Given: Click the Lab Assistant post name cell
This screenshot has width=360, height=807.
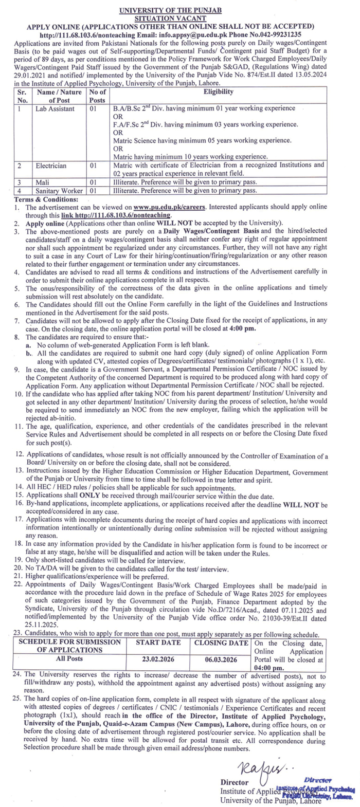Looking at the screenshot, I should pos(55,109).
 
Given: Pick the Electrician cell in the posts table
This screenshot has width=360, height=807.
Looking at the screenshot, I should pos(51,166).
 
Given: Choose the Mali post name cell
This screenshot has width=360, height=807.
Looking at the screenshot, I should pos(42,182).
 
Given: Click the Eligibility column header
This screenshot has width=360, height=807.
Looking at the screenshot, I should pos(218,92).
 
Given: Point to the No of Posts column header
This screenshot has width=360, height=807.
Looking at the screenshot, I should pos(97,96).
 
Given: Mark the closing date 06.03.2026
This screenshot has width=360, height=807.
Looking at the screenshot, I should pos(222,656).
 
